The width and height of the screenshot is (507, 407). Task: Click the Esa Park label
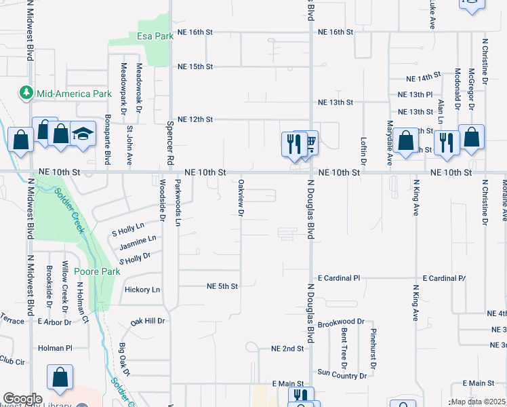pos(155,36)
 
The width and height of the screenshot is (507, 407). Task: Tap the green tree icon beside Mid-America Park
pos(26,92)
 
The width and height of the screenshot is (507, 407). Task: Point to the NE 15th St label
pos(195,66)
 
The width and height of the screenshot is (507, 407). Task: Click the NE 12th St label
pos(195,119)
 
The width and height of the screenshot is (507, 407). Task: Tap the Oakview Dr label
pos(241,198)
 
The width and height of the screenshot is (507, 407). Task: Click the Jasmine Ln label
pos(138,238)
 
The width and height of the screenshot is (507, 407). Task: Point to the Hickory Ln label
pos(142,290)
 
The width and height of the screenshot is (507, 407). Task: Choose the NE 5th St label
pos(222,286)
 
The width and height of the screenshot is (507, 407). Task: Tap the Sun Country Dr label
pos(342,374)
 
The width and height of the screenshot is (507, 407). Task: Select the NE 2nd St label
pos(287,348)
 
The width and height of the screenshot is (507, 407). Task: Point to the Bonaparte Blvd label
pos(107,144)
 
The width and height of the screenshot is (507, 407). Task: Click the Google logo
pos(23,399)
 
